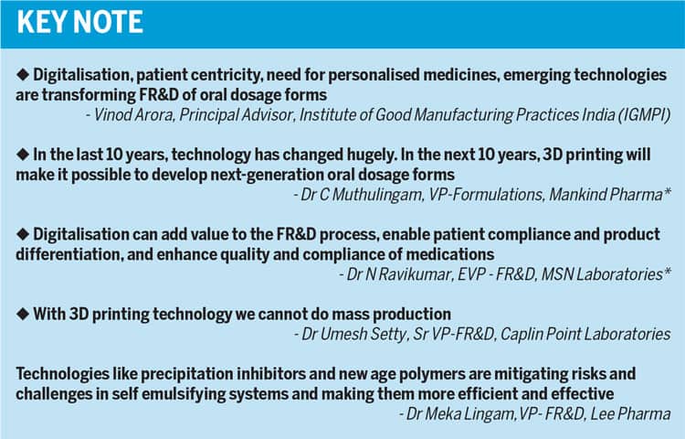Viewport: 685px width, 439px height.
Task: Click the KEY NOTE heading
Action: click(80, 22)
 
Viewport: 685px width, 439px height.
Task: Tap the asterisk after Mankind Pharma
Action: click(667, 191)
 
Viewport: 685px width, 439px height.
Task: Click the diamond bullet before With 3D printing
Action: click(23, 314)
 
